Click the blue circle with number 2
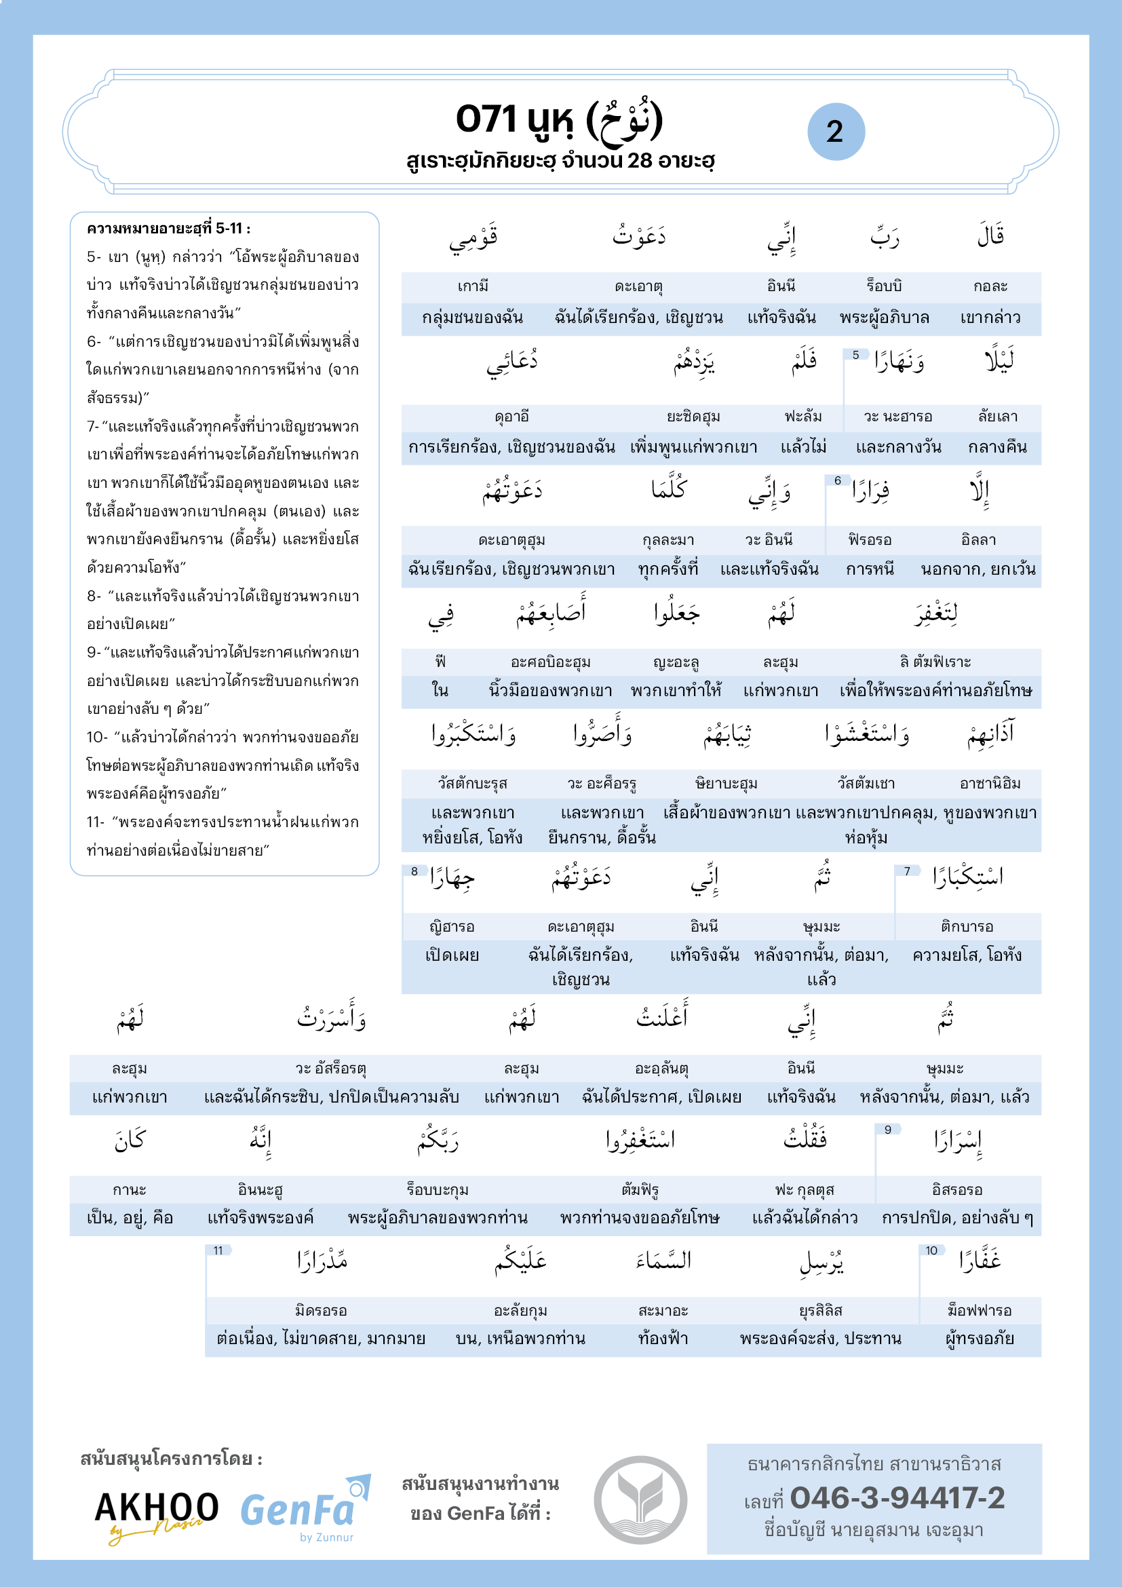coord(835,132)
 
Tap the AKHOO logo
coord(156,1514)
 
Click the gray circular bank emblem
coord(640,1499)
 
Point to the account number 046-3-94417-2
coord(897,1498)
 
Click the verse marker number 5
coord(855,355)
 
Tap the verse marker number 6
coord(837,480)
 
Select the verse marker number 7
coord(907,871)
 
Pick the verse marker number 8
coord(414,871)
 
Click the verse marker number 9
coord(888,1130)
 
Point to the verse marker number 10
coord(931,1250)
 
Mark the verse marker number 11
coord(218,1250)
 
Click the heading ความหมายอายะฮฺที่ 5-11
coord(169,229)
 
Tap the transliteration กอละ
coord(990,286)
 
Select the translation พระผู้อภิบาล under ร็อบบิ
coord(885,318)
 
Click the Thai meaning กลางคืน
coord(997,447)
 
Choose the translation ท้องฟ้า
coord(663,1339)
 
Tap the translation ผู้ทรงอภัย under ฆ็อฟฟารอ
coord(980,1339)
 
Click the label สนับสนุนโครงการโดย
coord(172,1459)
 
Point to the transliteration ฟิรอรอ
coord(869,540)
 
